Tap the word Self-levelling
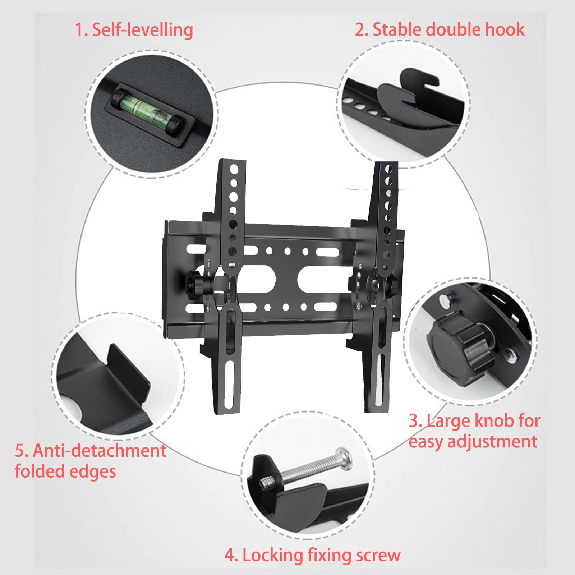click(x=143, y=30)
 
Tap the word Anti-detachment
click(x=100, y=451)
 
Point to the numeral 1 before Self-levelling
click(x=79, y=30)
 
